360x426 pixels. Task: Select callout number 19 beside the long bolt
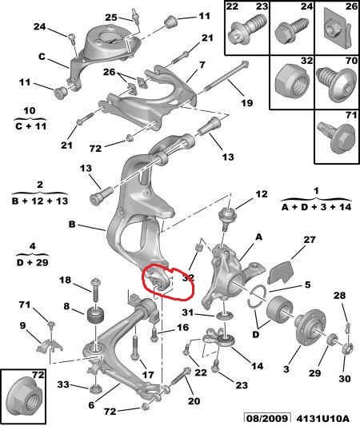coord(247,103)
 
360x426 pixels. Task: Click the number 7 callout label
coord(202,65)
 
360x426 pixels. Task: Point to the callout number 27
coord(310,240)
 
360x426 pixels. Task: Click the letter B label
coord(72,225)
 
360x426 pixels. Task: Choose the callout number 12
coord(262,194)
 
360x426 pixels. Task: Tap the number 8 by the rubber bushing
coord(67,306)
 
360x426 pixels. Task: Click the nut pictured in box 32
coord(292,81)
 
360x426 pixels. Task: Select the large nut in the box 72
coord(24,397)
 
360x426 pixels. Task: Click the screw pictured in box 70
coord(337,83)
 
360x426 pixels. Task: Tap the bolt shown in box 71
coord(337,137)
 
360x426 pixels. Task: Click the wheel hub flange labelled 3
coord(310,330)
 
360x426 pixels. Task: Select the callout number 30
coord(345,378)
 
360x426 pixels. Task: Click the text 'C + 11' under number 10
coord(30,126)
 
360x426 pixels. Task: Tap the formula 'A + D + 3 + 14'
coord(316,207)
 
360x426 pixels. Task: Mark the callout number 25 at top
coord(111,18)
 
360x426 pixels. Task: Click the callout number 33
coord(63,384)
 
